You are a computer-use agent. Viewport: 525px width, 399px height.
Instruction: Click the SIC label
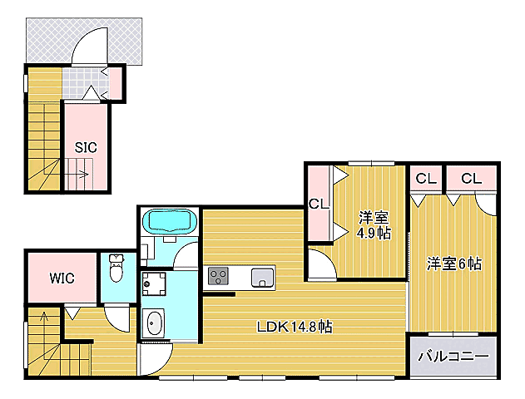pyautogui.click(x=86, y=147)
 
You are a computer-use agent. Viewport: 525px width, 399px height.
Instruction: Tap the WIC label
pyautogui.click(x=61, y=278)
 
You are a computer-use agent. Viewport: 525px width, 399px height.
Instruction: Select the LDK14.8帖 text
pyautogui.click(x=294, y=327)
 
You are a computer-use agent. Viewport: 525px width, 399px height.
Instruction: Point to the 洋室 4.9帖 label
pyautogui.click(x=374, y=225)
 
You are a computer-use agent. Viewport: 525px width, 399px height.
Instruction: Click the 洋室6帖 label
pyautogui.click(x=454, y=264)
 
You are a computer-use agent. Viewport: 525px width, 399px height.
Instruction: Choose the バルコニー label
pyautogui.click(x=453, y=356)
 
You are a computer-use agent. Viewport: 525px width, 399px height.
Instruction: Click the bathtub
pyautogui.click(x=170, y=222)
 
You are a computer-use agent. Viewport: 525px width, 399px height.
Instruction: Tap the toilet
pyautogui.click(x=116, y=269)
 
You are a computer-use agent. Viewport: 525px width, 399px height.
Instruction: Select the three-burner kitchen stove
pyautogui.click(x=219, y=275)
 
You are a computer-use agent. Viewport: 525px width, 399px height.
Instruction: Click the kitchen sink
pyautogui.click(x=262, y=277)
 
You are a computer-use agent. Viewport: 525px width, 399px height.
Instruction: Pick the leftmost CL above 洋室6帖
pyautogui.click(x=425, y=178)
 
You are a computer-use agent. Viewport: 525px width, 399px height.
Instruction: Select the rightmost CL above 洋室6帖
pyautogui.click(x=471, y=178)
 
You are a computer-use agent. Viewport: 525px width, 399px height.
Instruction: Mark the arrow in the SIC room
pyautogui.click(x=82, y=175)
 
